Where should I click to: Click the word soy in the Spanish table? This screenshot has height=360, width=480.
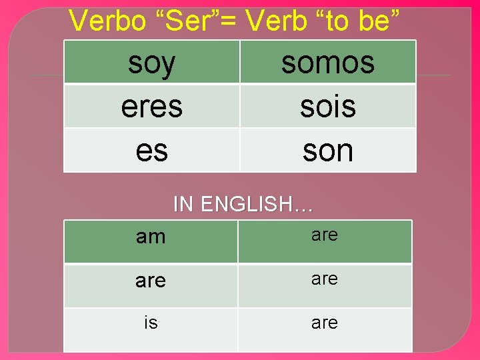152,63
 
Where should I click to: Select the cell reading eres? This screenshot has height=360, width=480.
152,107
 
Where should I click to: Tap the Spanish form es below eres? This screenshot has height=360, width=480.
152,151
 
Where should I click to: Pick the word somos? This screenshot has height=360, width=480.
327,63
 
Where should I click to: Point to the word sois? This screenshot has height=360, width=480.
327,107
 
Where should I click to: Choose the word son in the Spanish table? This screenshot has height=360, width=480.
327,151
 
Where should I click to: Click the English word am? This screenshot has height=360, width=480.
151,237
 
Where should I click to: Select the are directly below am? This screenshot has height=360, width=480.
151,281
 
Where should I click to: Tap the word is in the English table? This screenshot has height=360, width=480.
151,323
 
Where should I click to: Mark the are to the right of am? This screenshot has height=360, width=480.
325,235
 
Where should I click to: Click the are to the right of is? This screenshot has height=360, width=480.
325,323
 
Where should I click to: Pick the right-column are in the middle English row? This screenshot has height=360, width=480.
325,279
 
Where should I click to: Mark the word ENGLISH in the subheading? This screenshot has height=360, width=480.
249,204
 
